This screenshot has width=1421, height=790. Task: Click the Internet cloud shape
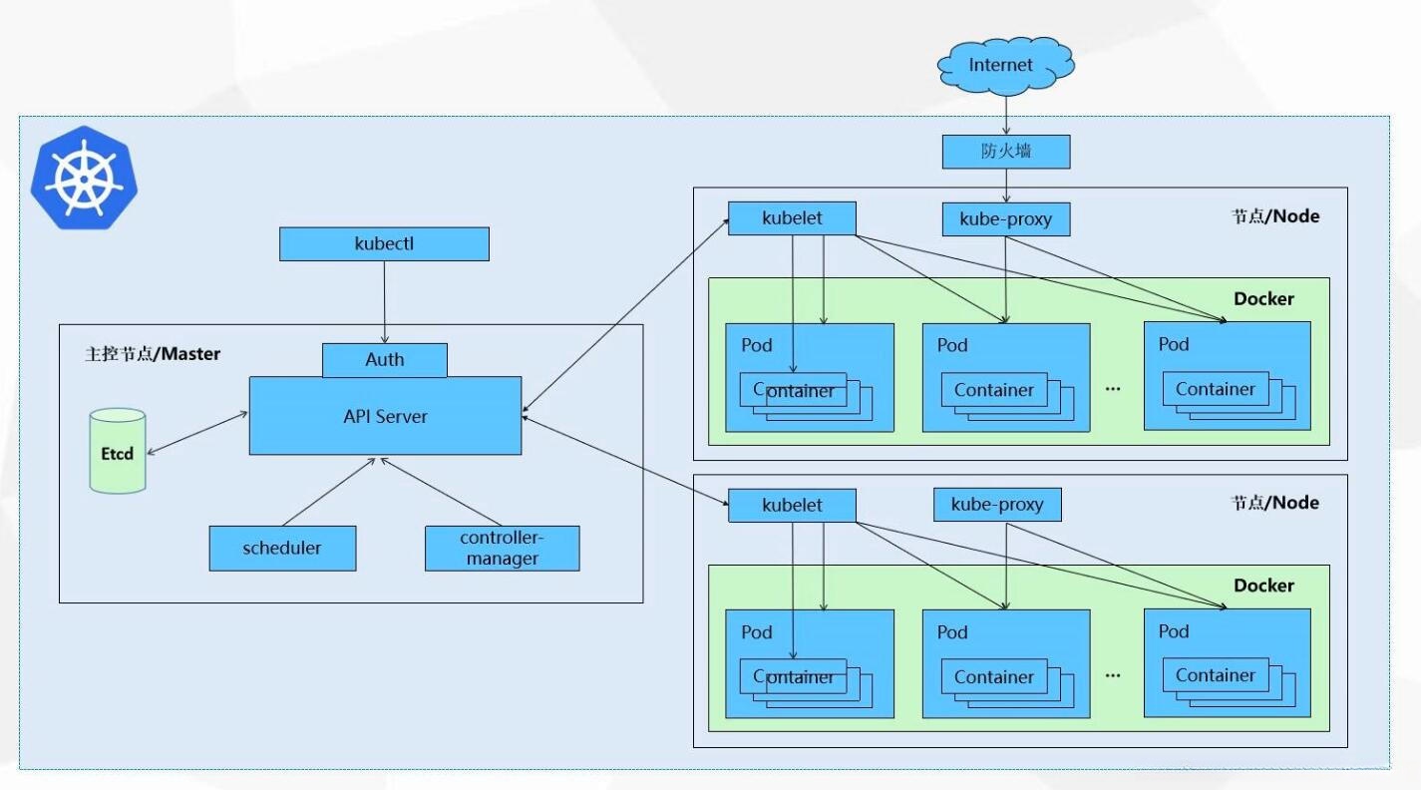[1005, 66]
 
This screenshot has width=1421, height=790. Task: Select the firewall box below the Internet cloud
[1005, 152]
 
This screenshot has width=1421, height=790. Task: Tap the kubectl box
[384, 244]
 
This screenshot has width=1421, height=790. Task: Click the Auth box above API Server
[384, 360]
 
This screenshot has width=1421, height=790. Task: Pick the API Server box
[385, 416]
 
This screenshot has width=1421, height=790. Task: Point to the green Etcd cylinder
[118, 451]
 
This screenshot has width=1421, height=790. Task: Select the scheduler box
[282, 549]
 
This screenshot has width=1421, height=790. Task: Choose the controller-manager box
[502, 549]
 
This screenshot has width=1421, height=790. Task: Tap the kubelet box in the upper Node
[792, 218]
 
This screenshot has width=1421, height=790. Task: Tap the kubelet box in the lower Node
[792, 505]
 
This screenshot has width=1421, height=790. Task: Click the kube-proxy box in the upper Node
[1005, 219]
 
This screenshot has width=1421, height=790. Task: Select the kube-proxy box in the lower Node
[997, 505]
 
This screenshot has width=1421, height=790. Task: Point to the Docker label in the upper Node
[1263, 298]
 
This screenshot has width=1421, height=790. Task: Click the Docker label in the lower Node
[1263, 586]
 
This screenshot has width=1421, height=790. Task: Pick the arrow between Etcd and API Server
[196, 431]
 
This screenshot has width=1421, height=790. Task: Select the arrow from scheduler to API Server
[329, 492]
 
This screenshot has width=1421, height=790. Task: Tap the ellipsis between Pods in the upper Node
[1113, 387]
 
